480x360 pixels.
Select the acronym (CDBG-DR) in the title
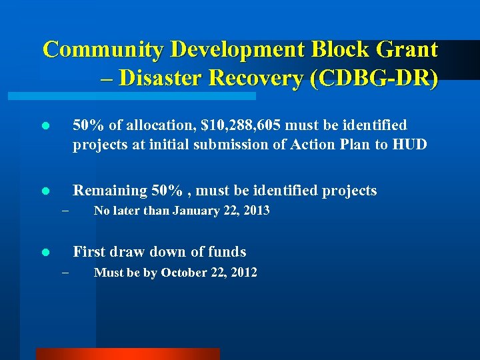click(376, 79)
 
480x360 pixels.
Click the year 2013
click(256, 211)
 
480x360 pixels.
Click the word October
click(184, 272)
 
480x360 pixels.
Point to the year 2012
click(243, 272)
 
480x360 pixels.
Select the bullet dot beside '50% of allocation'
click(45, 126)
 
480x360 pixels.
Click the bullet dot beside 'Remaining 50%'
click(45, 191)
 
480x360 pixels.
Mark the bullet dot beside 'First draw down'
click(45, 253)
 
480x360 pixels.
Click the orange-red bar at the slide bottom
click(127, 354)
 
